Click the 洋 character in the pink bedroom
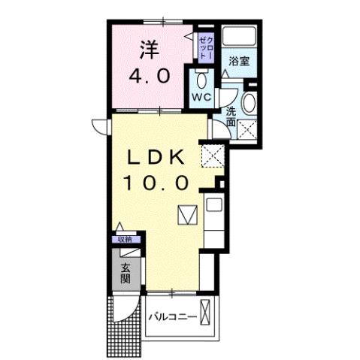pos(147,50)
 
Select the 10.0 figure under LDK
pos(160,182)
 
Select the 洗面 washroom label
pos(231,116)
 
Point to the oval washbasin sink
pos(251,104)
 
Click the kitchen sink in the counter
pos(213,205)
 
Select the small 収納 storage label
pos(124,239)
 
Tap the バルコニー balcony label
pos(172,317)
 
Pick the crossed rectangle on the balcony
pos(206,316)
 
